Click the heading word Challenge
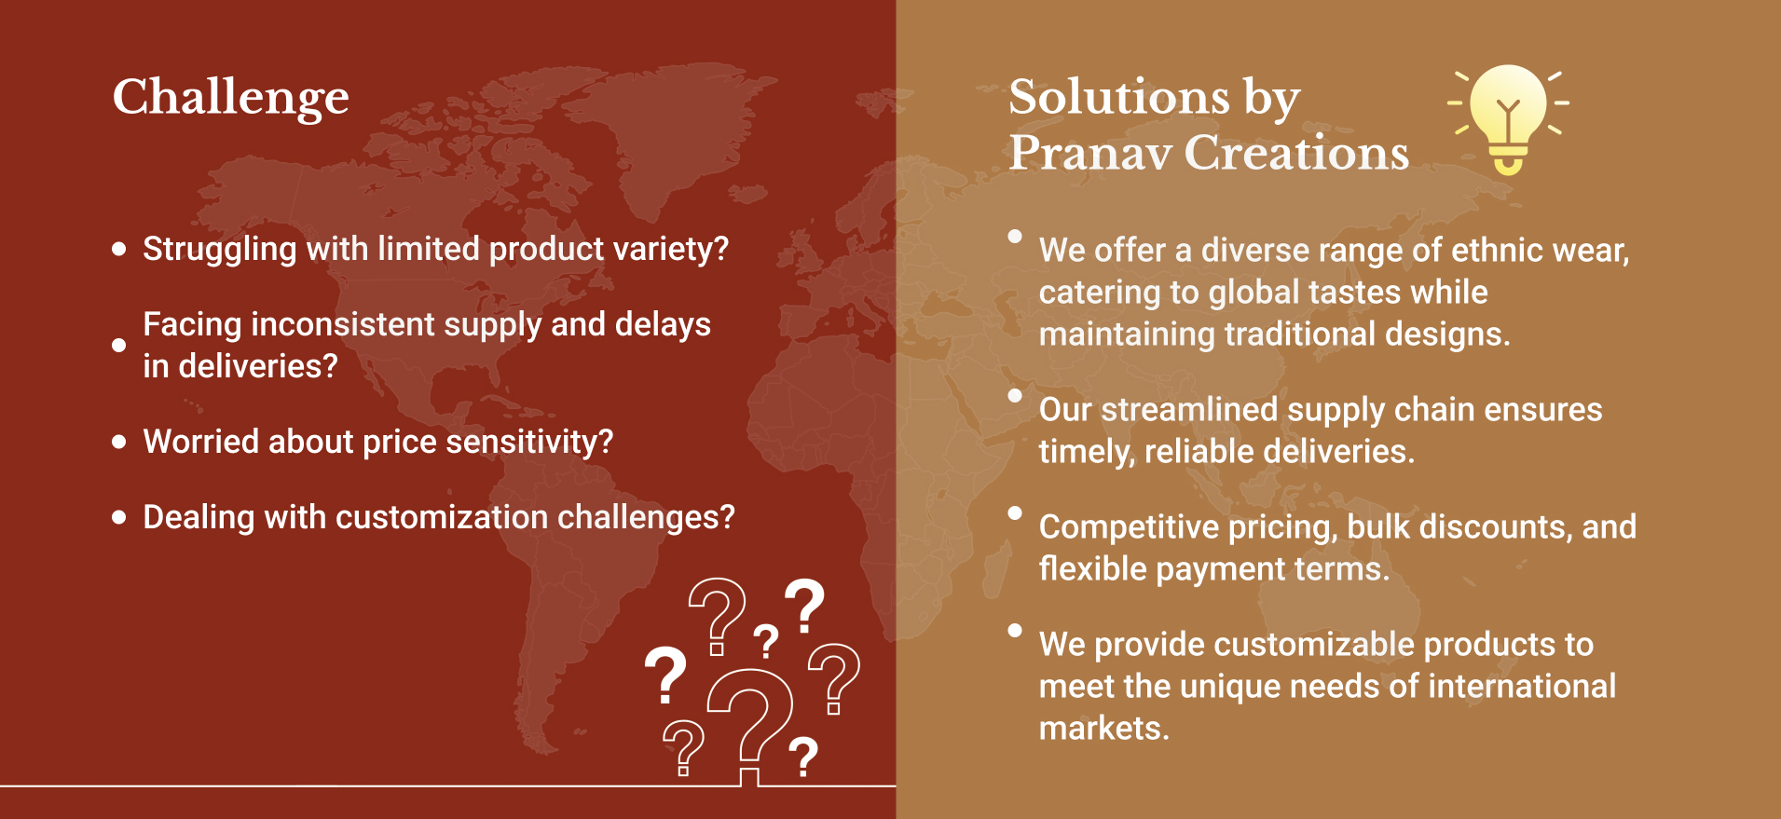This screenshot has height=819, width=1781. click(x=231, y=99)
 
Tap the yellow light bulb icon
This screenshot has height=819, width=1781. click(x=1508, y=118)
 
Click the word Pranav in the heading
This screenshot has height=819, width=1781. click(x=1090, y=152)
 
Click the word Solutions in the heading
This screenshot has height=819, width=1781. click(x=1119, y=97)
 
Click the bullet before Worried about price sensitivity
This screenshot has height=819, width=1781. click(x=119, y=442)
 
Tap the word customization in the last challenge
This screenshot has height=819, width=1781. click(x=442, y=517)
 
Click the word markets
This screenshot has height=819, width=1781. click(x=1103, y=729)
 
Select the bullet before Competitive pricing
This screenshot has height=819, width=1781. click(x=1015, y=513)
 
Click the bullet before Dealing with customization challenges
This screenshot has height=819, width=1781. click(x=119, y=517)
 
